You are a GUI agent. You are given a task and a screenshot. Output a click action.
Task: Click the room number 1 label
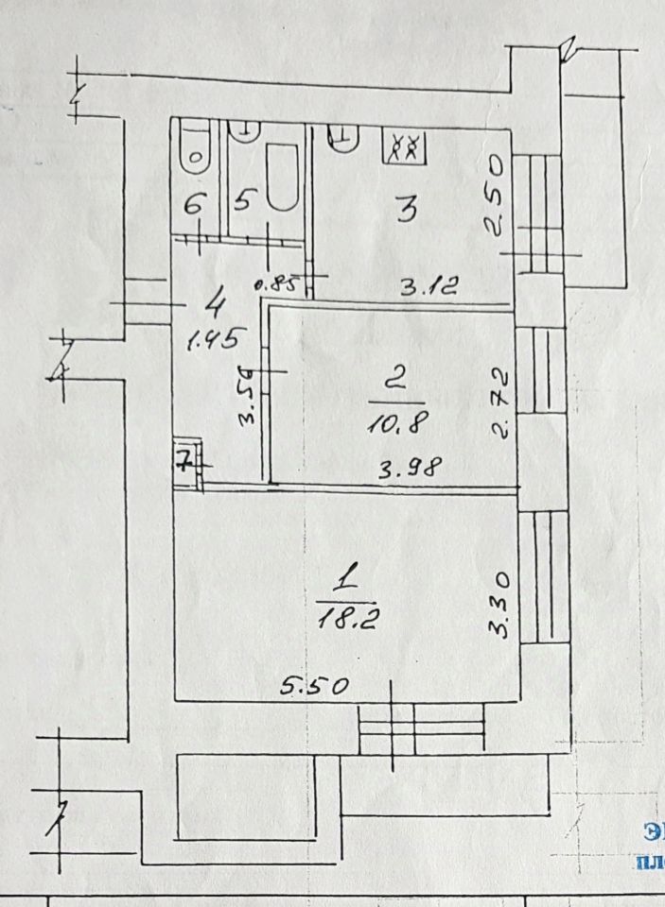pos(348,576)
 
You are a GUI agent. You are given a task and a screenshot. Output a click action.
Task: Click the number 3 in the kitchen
pos(406,209)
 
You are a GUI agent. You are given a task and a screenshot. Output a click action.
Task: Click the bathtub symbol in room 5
pos(281,176)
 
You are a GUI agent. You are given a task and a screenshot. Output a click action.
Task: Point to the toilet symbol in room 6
pos(195,149)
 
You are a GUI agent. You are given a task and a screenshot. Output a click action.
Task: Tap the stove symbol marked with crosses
pos(407,146)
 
